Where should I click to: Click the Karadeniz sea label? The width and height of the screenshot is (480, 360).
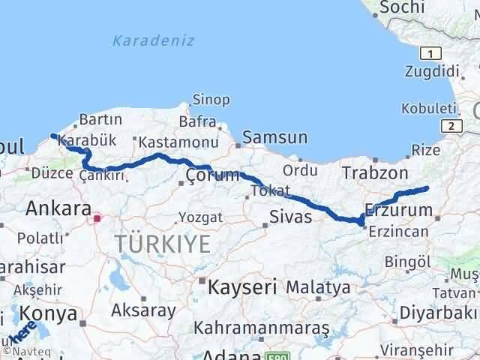(x=153, y=40)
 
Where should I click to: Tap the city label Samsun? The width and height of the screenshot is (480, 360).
(x=274, y=137)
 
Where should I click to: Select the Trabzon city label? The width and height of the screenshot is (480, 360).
(x=375, y=173)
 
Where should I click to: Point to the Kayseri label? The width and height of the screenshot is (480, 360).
(x=241, y=286)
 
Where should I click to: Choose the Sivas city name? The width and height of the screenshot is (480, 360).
(x=290, y=219)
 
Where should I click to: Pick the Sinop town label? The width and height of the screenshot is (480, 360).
(x=211, y=100)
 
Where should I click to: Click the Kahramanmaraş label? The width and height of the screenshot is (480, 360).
(x=262, y=328)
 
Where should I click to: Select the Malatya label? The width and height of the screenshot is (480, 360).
(x=318, y=287)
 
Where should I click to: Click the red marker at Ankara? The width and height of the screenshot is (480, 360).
(x=97, y=219)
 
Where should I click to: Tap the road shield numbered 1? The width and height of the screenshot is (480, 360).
(x=430, y=53)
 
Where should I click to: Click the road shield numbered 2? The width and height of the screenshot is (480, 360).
(x=451, y=127)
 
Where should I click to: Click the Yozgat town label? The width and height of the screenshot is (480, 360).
(x=199, y=217)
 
